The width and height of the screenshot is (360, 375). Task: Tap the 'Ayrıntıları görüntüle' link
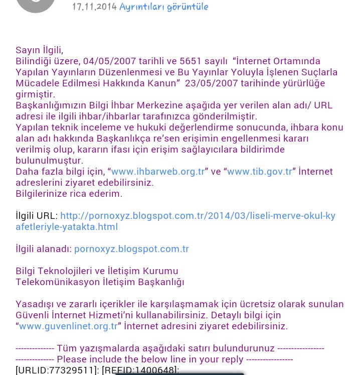point(164,7)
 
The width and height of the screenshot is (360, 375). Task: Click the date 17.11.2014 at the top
point(94,7)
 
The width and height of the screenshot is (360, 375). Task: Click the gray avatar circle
point(35,4)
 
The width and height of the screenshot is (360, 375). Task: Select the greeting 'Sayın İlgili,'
point(40,50)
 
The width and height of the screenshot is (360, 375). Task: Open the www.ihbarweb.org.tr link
point(158,172)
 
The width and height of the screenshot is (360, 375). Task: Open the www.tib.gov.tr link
point(260,172)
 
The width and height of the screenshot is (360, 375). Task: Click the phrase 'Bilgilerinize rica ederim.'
point(69,194)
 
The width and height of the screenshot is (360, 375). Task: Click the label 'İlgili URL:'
point(37,216)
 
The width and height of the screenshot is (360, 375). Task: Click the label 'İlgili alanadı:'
point(44,249)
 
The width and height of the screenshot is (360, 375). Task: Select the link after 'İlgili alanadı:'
point(131,249)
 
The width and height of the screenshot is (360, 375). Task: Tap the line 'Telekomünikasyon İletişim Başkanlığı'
point(100,282)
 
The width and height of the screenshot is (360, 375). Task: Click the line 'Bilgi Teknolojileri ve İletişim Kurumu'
point(97,271)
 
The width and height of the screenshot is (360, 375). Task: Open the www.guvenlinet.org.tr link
point(68,326)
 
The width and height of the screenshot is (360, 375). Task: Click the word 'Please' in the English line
point(71,359)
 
